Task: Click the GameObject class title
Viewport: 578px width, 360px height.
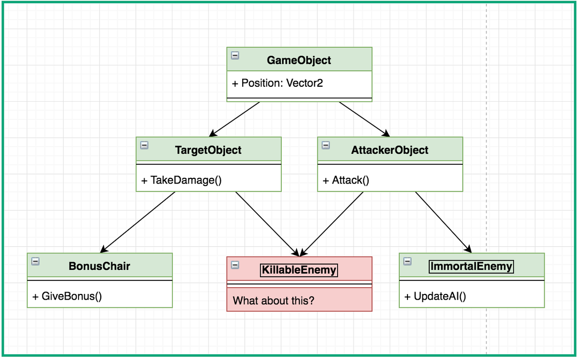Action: (x=299, y=60)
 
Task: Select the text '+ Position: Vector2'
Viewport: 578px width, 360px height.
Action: (x=277, y=83)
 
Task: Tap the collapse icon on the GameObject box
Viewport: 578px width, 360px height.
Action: (x=235, y=55)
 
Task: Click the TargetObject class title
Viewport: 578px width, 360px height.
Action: (x=208, y=150)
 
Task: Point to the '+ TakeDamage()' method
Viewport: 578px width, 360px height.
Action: (x=181, y=180)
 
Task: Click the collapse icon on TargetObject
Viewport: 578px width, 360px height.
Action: (x=144, y=145)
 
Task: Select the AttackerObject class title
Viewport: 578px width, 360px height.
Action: (x=390, y=150)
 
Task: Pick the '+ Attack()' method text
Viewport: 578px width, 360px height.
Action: (x=346, y=180)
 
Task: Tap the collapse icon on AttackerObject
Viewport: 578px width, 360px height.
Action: (x=326, y=145)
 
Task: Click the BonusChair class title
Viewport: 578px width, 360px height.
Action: (x=99, y=266)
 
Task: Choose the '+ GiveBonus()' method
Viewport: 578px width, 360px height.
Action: (x=67, y=296)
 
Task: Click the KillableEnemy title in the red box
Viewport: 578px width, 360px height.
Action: (x=299, y=270)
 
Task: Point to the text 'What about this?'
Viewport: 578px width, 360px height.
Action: (x=273, y=301)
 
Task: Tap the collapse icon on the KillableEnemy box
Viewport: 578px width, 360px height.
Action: (x=235, y=265)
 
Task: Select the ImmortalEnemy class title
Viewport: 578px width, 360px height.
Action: (x=472, y=266)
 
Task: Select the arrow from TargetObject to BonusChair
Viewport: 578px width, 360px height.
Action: (x=138, y=222)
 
